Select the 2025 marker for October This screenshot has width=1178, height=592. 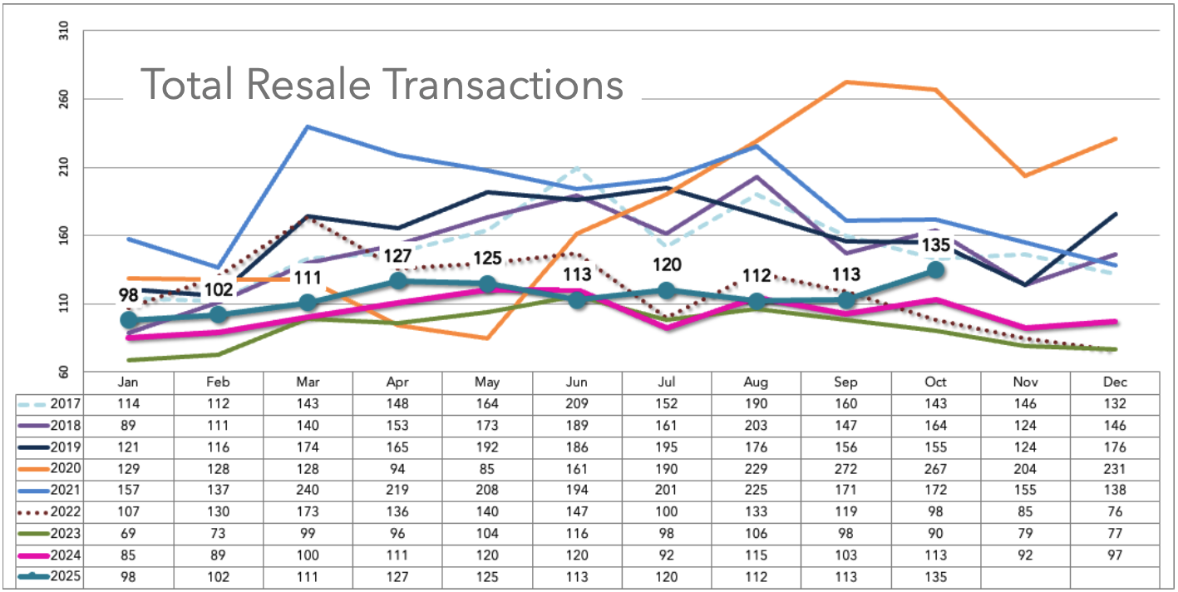935,269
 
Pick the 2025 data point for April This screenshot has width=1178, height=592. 397,280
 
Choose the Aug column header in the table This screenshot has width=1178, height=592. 756,382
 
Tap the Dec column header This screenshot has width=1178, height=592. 1115,382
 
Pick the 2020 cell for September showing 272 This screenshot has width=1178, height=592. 845,468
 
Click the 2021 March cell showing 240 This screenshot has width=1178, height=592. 308,490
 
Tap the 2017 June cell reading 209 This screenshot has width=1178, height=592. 576,404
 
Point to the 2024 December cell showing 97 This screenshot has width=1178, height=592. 1115,555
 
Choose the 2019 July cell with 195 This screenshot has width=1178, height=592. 666,446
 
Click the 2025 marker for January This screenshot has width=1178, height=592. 129,320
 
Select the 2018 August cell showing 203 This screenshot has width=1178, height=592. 756,426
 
